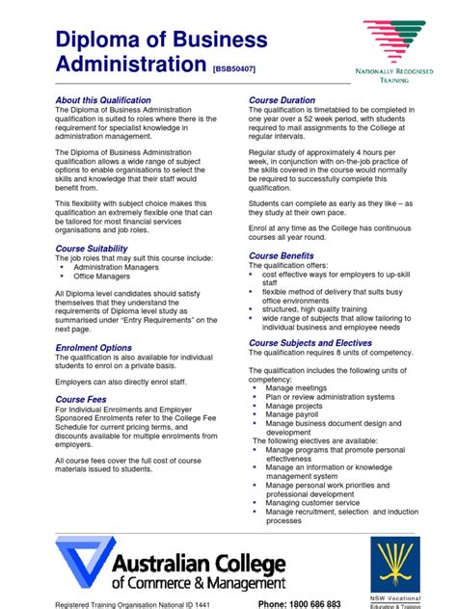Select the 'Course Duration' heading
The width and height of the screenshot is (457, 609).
coord(282,100)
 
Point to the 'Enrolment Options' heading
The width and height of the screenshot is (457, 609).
coord(94,348)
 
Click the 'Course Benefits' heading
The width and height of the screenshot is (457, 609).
coord(282,255)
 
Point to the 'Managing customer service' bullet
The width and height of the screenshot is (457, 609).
coord(312,502)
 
